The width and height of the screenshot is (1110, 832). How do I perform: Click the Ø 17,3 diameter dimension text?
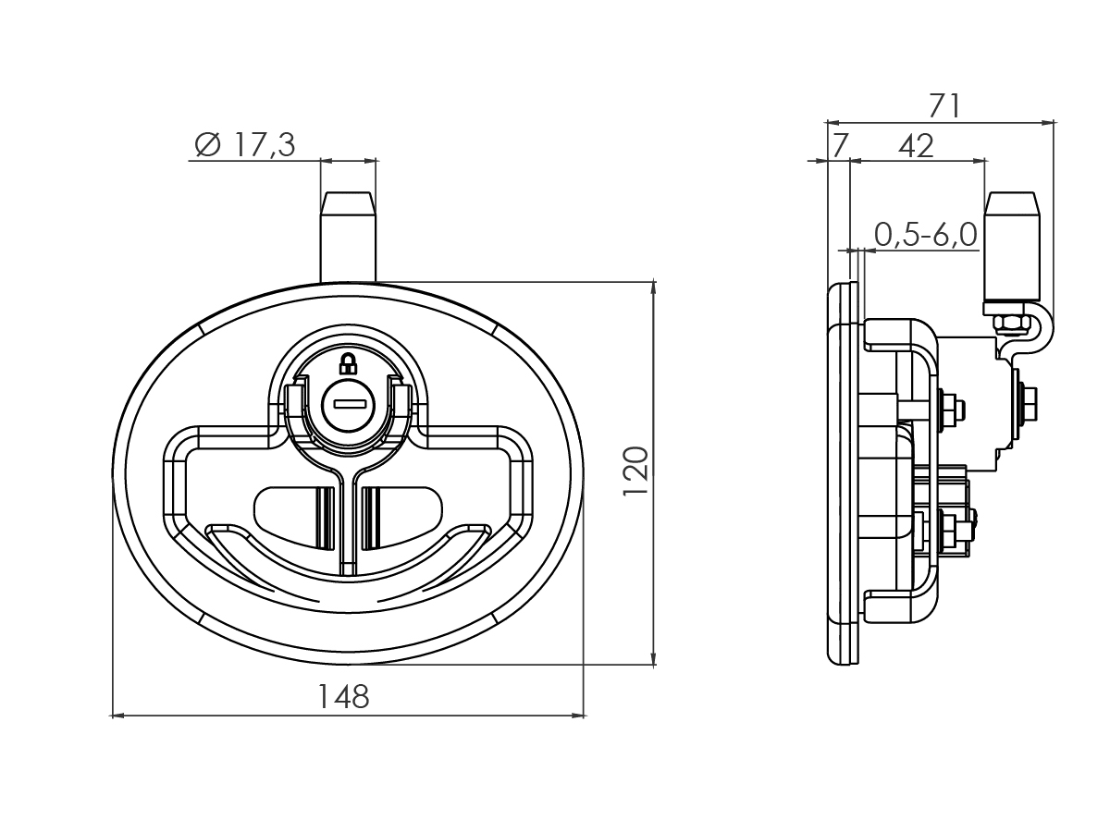pos(245,145)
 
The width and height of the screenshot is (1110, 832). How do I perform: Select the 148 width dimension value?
pos(343,696)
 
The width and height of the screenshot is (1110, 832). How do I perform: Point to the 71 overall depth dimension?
pos(944,105)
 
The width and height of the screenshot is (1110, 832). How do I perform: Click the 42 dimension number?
pos(916,145)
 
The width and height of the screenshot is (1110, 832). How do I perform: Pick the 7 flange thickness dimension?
pos(839,145)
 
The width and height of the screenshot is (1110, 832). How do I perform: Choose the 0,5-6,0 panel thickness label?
pos(925,235)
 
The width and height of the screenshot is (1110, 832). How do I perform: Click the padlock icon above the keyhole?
pos(348,362)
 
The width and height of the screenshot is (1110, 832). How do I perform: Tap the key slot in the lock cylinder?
pos(349,403)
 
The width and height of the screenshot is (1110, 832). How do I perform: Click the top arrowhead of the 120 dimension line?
pos(654,287)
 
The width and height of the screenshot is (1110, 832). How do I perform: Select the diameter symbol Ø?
pos(207,145)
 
